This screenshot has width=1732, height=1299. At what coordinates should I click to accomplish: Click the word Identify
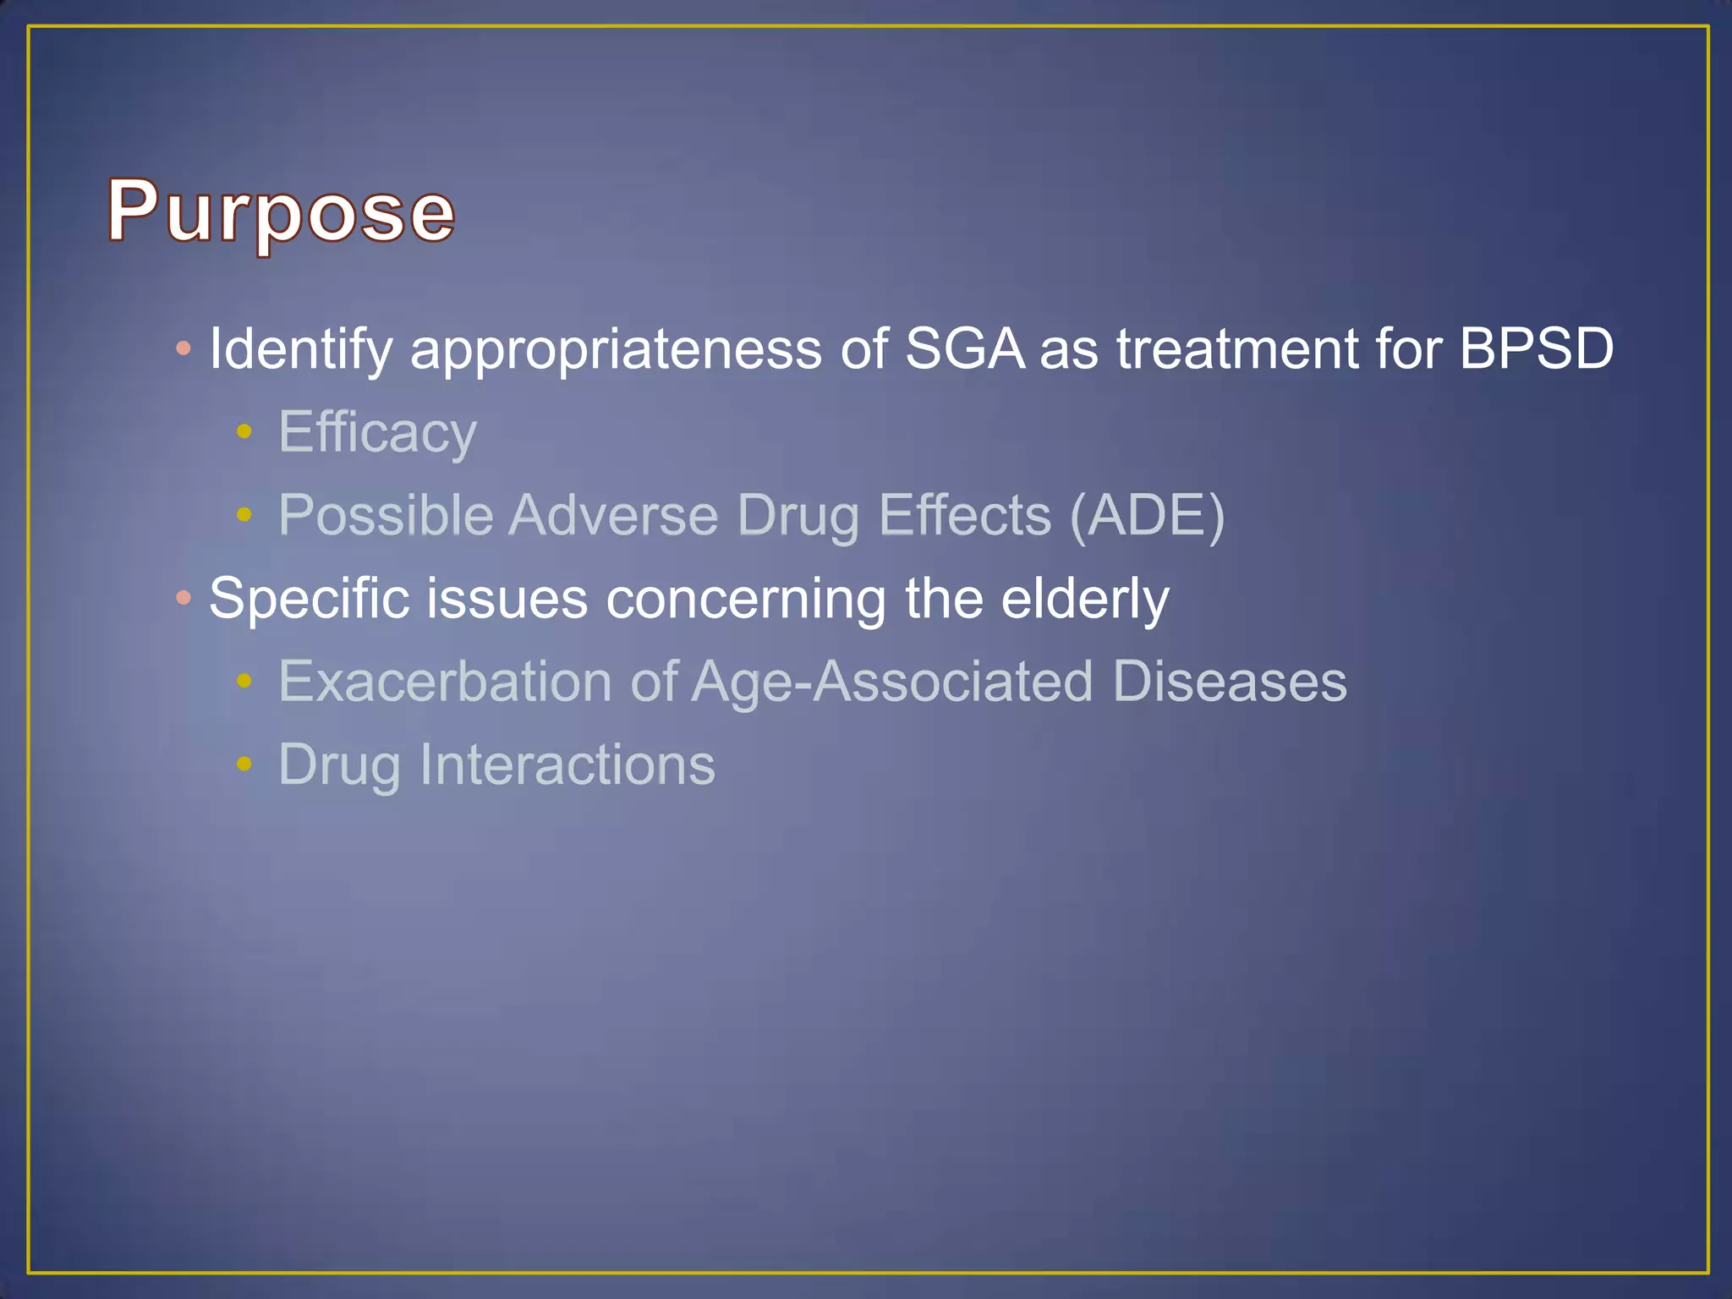(300, 348)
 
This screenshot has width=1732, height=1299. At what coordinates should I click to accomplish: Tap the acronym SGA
(964, 348)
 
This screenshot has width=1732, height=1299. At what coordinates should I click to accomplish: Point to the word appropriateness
(616, 348)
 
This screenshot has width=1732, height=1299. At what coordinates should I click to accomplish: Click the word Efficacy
(377, 432)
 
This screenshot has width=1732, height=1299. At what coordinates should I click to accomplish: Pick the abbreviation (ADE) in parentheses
(1147, 515)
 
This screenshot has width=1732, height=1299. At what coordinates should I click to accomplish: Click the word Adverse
(613, 515)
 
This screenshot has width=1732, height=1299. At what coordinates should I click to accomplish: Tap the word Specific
(309, 599)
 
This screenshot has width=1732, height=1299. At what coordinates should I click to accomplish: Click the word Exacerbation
(445, 682)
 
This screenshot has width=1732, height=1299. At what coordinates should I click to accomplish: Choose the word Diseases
(1229, 682)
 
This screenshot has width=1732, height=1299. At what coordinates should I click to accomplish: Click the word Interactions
(567, 765)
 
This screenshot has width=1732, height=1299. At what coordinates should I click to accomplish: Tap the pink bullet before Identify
(184, 348)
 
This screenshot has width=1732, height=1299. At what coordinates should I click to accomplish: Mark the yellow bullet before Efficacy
(244, 432)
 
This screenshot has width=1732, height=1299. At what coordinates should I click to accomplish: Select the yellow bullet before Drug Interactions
(244, 765)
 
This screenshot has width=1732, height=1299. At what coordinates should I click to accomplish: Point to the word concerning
(746, 599)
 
